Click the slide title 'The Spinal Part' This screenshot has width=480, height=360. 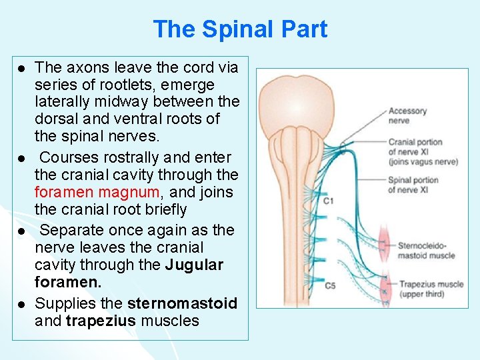point(240,29)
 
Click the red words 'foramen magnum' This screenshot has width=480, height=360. point(97,193)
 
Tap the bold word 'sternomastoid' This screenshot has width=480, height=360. point(182,304)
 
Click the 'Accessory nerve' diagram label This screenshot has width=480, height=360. point(407,115)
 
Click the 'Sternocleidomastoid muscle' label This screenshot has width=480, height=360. point(426,250)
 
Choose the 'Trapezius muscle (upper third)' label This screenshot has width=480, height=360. point(431,289)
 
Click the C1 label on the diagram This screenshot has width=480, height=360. point(329,200)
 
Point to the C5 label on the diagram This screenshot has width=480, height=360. point(330,286)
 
